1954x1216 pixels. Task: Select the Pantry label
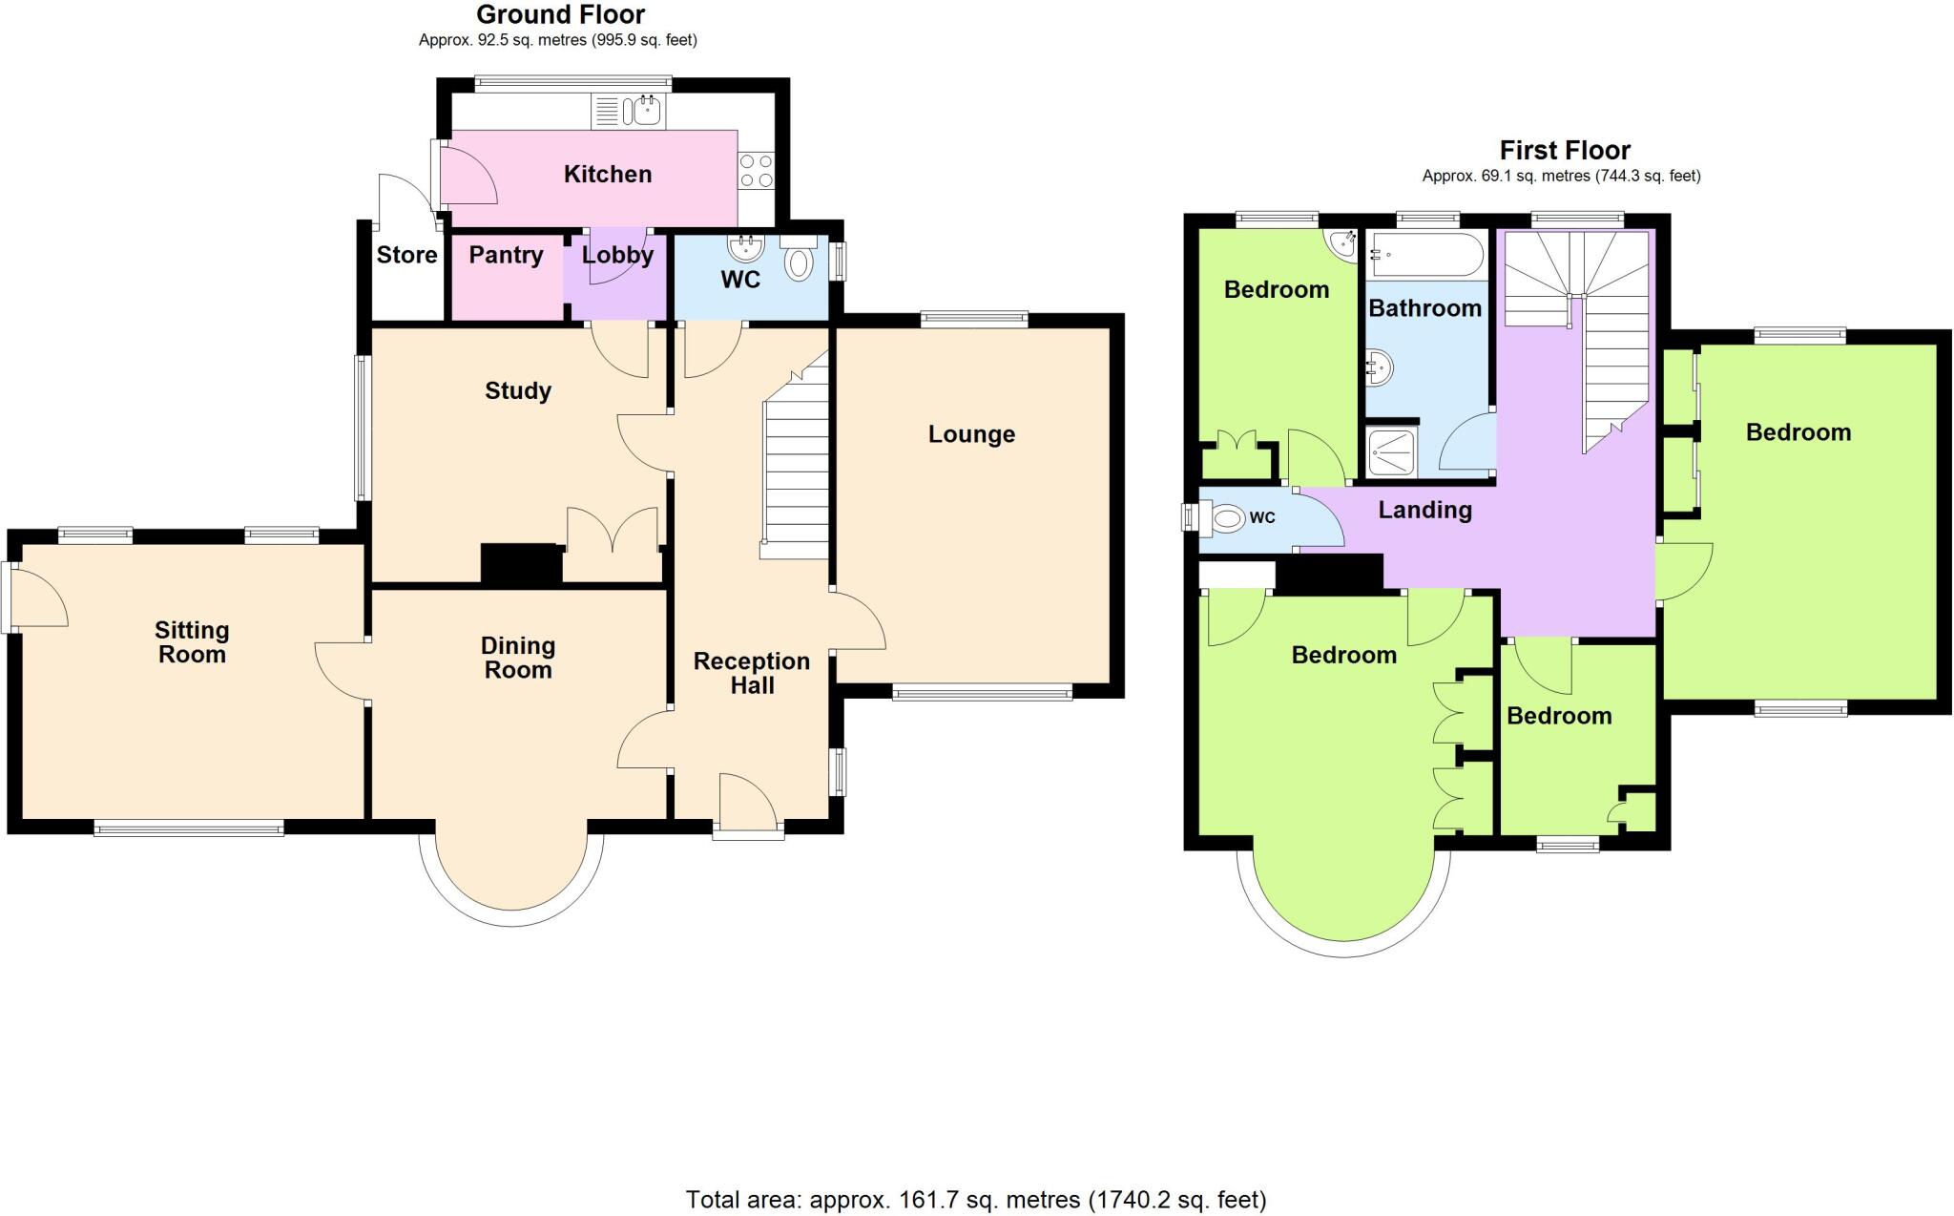pyautogui.click(x=506, y=255)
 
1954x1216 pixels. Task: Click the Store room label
pyautogui.click(x=406, y=255)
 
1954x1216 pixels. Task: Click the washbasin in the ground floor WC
pyautogui.click(x=745, y=248)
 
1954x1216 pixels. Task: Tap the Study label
pyautogui.click(x=518, y=390)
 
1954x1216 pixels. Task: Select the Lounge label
pyautogui.click(x=971, y=434)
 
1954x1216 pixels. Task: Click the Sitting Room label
pyautogui.click(x=192, y=642)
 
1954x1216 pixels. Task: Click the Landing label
pyautogui.click(x=1424, y=510)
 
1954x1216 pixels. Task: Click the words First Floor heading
pyautogui.click(x=1565, y=150)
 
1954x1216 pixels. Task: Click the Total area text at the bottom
pyautogui.click(x=976, y=1200)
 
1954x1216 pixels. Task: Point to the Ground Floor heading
pyautogui.click(x=560, y=14)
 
